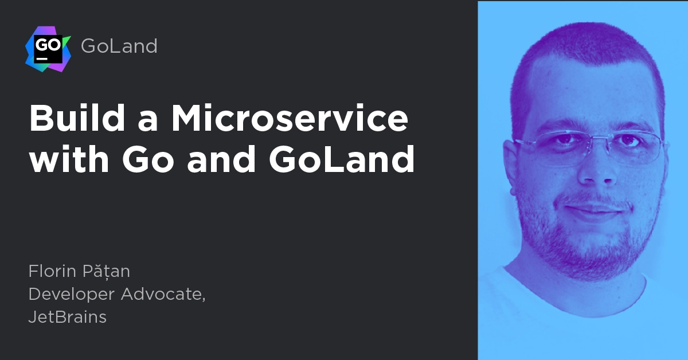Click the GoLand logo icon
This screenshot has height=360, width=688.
48,49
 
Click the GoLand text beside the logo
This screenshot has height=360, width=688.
119,46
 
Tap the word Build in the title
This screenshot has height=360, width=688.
77,118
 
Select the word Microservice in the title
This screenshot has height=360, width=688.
290,118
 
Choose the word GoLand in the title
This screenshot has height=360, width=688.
342,159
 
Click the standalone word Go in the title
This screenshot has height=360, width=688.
148,159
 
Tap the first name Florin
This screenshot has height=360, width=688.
52,271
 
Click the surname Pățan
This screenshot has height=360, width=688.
106,271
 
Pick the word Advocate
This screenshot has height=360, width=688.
163,294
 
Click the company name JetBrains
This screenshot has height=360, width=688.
68,317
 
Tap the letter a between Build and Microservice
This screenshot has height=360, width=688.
148,122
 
